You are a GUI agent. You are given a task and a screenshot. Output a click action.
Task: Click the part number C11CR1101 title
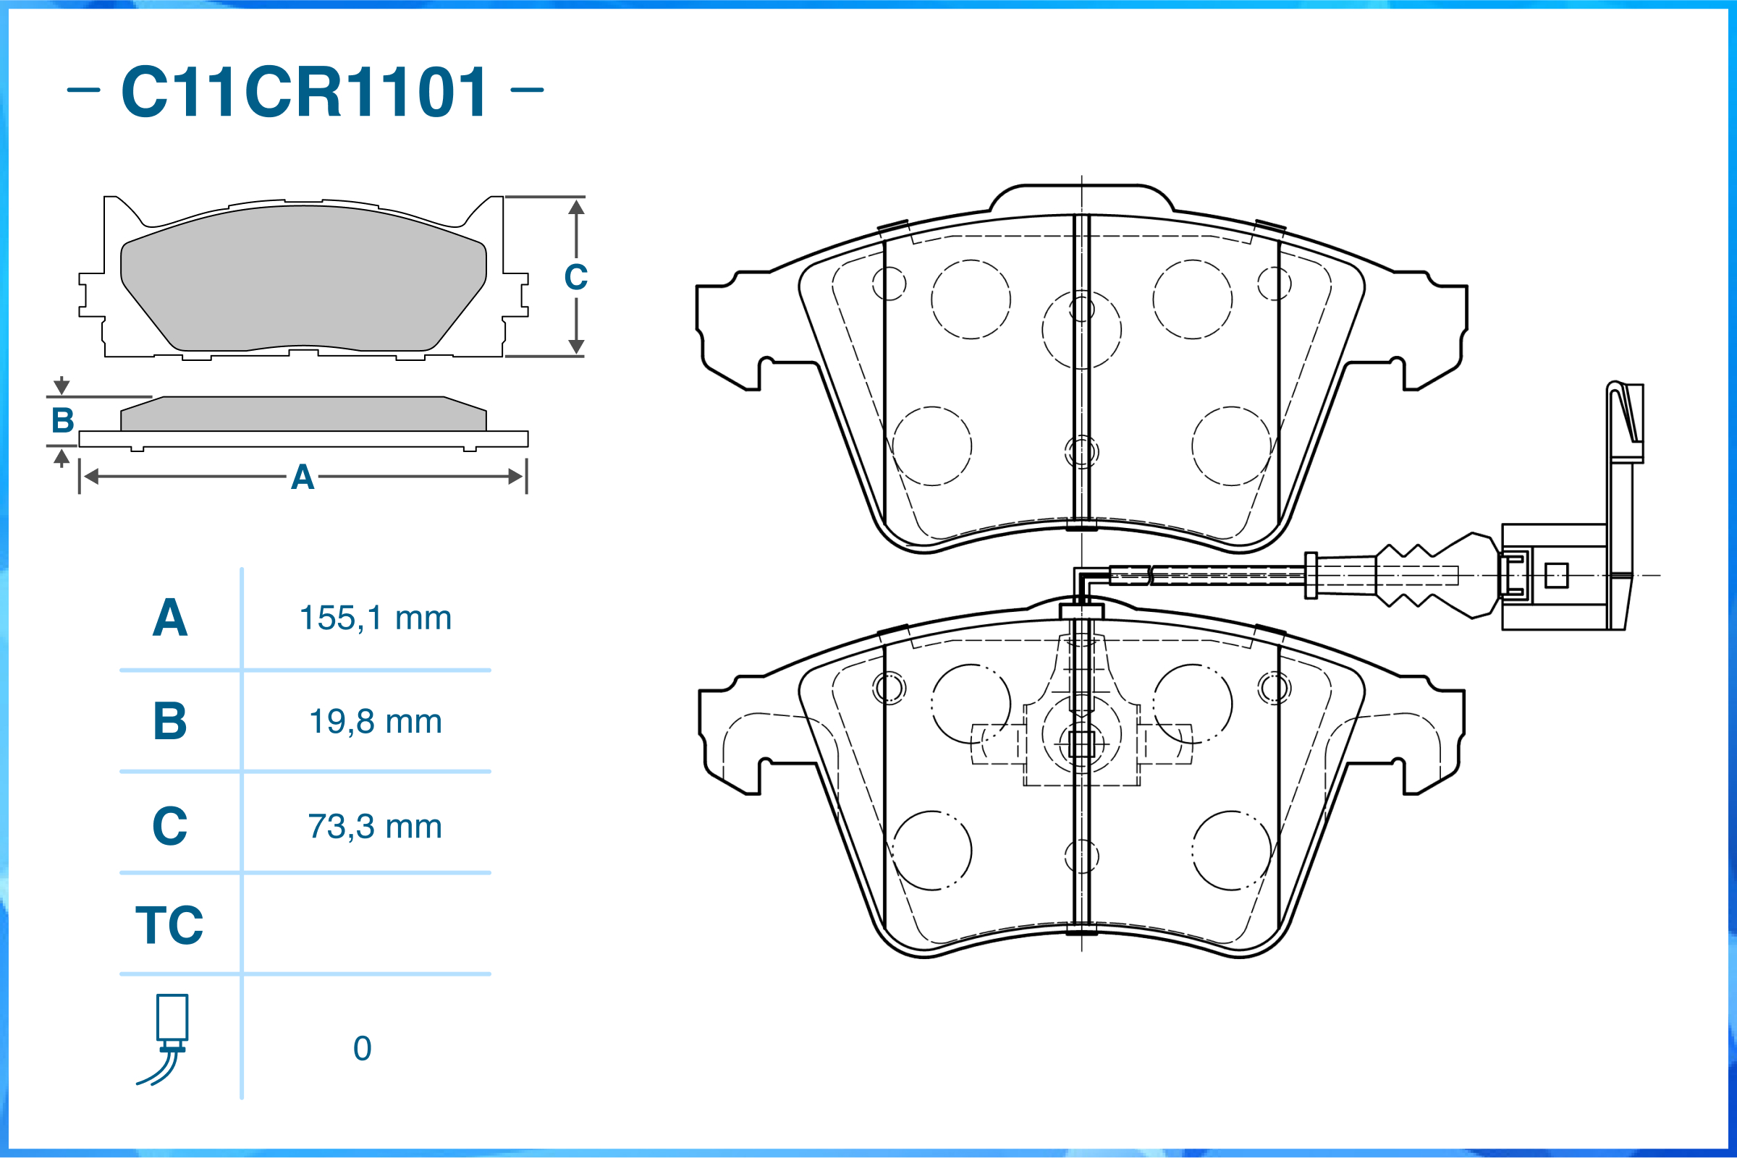[x=305, y=92]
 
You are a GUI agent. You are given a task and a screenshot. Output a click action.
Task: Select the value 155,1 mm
[x=376, y=618]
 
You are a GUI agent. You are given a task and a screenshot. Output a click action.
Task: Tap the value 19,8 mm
[x=376, y=722]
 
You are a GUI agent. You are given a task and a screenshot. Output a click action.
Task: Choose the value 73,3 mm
[x=376, y=827]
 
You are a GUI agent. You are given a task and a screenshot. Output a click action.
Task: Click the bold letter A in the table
[x=170, y=618]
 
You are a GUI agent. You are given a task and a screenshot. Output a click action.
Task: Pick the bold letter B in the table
[x=170, y=722]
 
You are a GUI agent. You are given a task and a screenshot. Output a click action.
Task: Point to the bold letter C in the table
[x=170, y=827]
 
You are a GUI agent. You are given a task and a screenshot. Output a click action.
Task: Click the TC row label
[x=169, y=925]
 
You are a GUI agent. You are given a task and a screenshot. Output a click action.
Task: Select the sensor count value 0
[x=362, y=1049]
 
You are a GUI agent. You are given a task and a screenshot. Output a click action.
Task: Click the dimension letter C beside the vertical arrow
[x=576, y=278]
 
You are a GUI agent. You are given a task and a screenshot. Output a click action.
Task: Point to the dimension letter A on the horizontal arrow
[x=303, y=478]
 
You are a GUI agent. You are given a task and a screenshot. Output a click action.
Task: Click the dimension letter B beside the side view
[x=63, y=421]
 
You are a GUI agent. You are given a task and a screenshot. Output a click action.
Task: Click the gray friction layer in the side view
[x=303, y=414]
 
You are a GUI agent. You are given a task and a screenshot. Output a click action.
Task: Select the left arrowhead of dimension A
[x=91, y=477]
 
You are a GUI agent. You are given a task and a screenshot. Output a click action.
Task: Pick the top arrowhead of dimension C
[x=576, y=208]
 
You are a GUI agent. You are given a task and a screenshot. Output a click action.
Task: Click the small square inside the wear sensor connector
[x=1557, y=575]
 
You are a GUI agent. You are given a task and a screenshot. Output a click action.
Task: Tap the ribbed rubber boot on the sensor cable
[x=1415, y=574]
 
